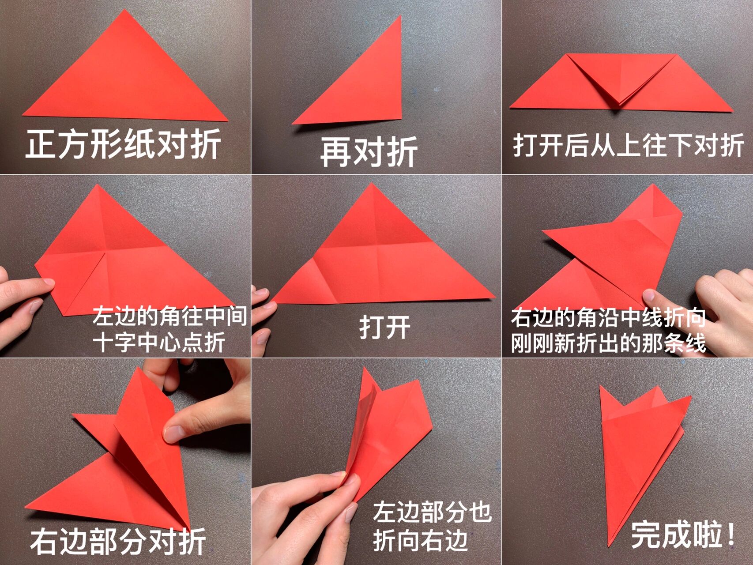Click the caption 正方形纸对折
[123, 144]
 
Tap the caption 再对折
[369, 151]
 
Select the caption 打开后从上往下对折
[628, 145]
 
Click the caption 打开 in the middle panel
[384, 327]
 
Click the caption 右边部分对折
[118, 541]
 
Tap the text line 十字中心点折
[159, 342]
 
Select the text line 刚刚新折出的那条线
[608, 343]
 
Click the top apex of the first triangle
[125, 11]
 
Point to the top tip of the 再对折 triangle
[400, 17]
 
